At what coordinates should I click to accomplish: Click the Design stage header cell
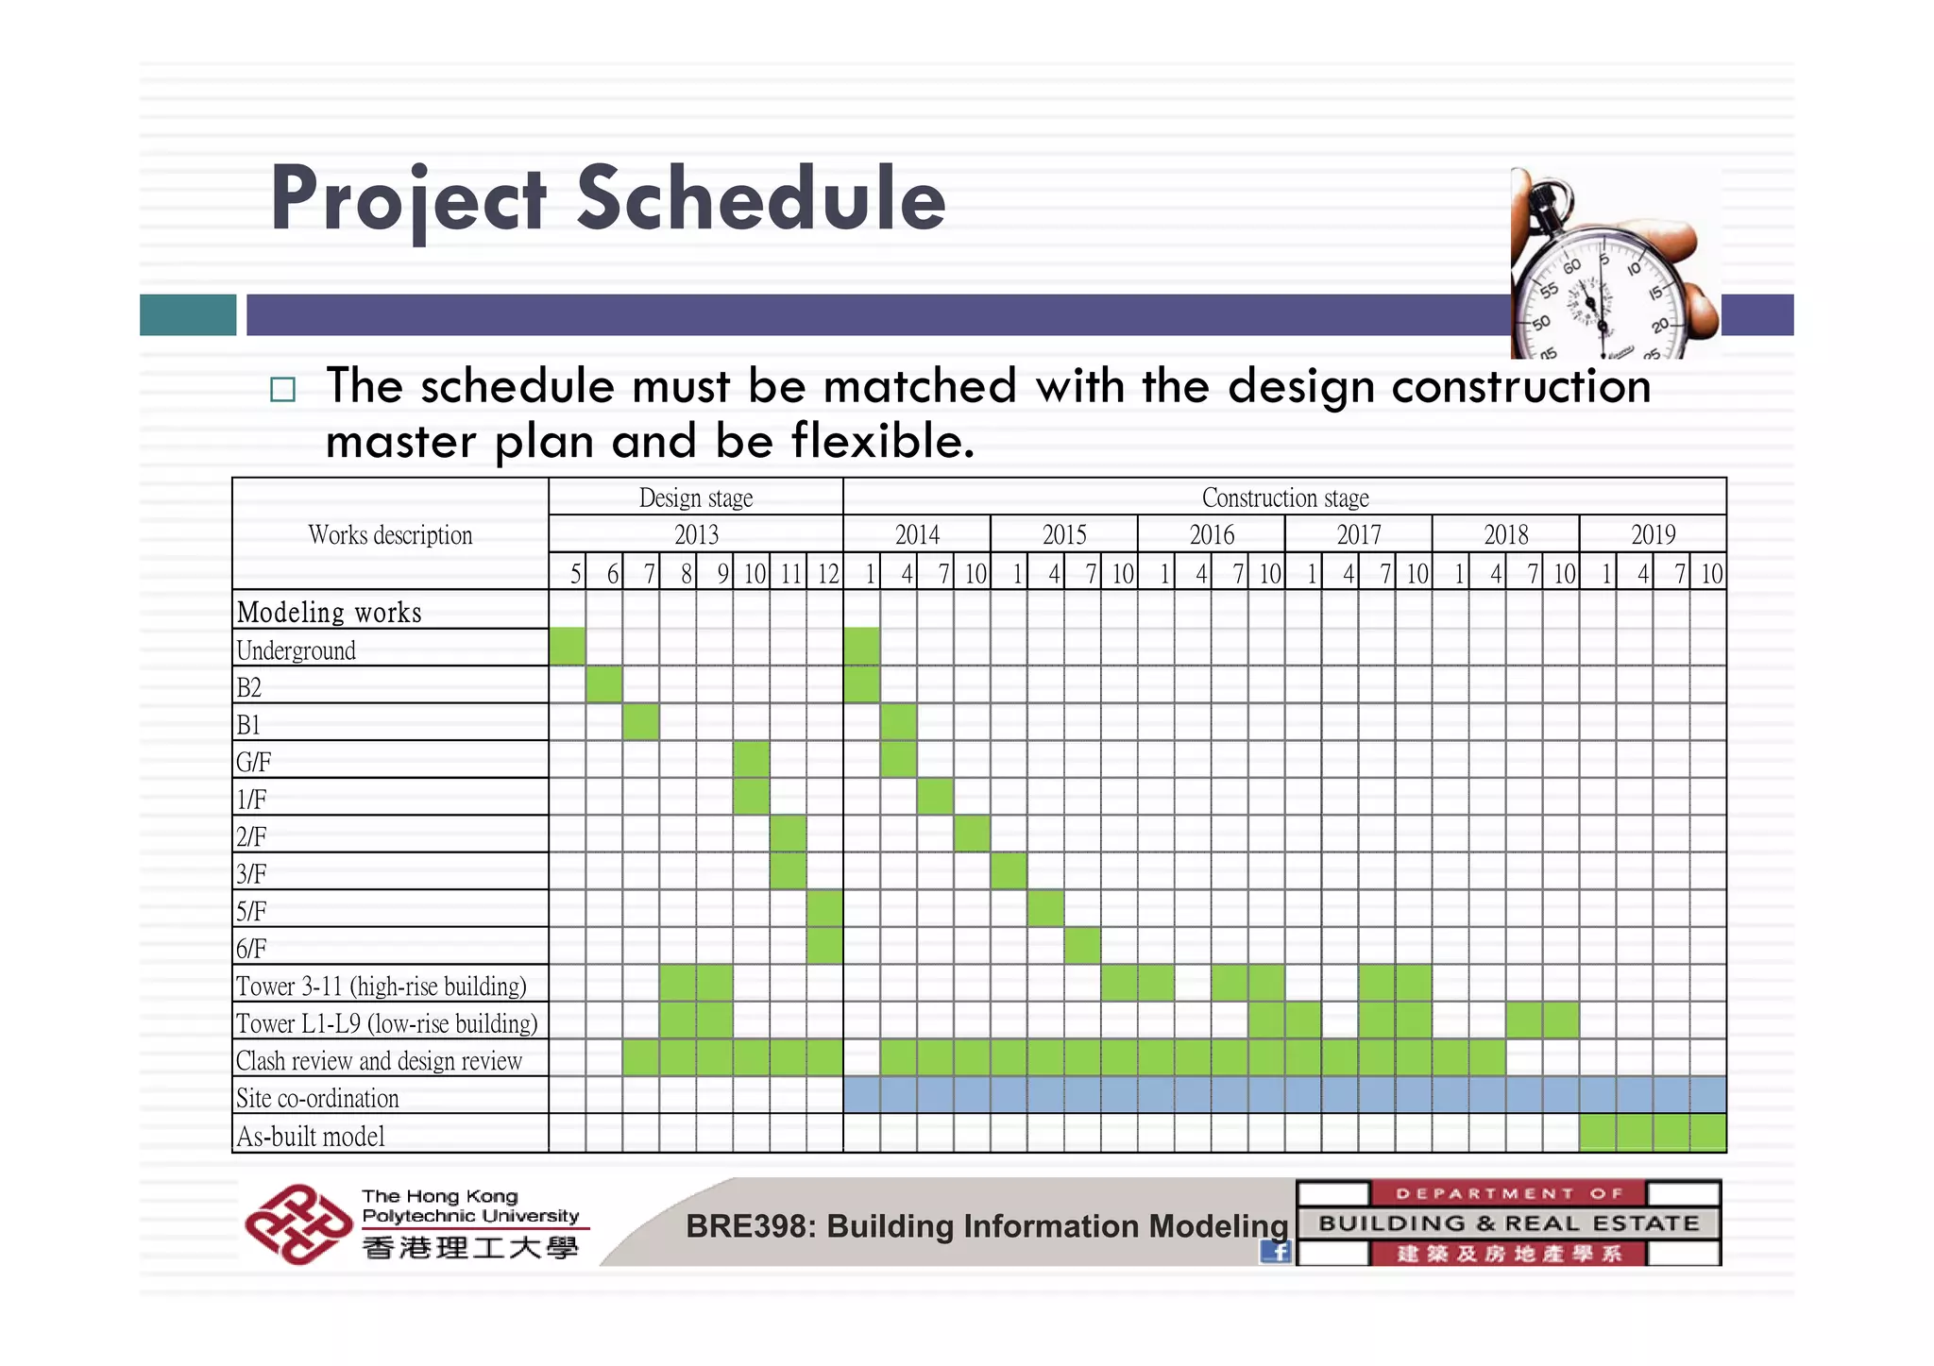(x=696, y=497)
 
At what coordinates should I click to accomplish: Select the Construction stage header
(x=1284, y=497)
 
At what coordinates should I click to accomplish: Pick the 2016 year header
(x=1212, y=535)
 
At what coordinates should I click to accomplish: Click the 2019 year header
(x=1653, y=535)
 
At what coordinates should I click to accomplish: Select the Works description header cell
(x=390, y=535)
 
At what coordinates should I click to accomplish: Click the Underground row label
(x=296, y=650)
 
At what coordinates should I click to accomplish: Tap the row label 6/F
(x=251, y=948)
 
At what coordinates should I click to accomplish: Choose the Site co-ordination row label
(x=317, y=1098)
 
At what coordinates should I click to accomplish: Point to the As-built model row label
(x=311, y=1136)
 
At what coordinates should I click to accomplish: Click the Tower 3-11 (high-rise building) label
(x=381, y=987)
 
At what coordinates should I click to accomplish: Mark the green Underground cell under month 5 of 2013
(x=567, y=647)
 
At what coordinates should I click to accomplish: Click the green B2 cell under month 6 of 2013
(x=604, y=684)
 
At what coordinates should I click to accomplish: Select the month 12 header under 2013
(x=827, y=573)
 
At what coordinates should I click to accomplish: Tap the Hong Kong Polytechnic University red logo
(x=297, y=1224)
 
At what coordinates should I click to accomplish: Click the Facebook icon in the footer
(x=1276, y=1252)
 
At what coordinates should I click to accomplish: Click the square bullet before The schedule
(x=282, y=390)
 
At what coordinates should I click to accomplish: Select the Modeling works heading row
(x=330, y=613)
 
